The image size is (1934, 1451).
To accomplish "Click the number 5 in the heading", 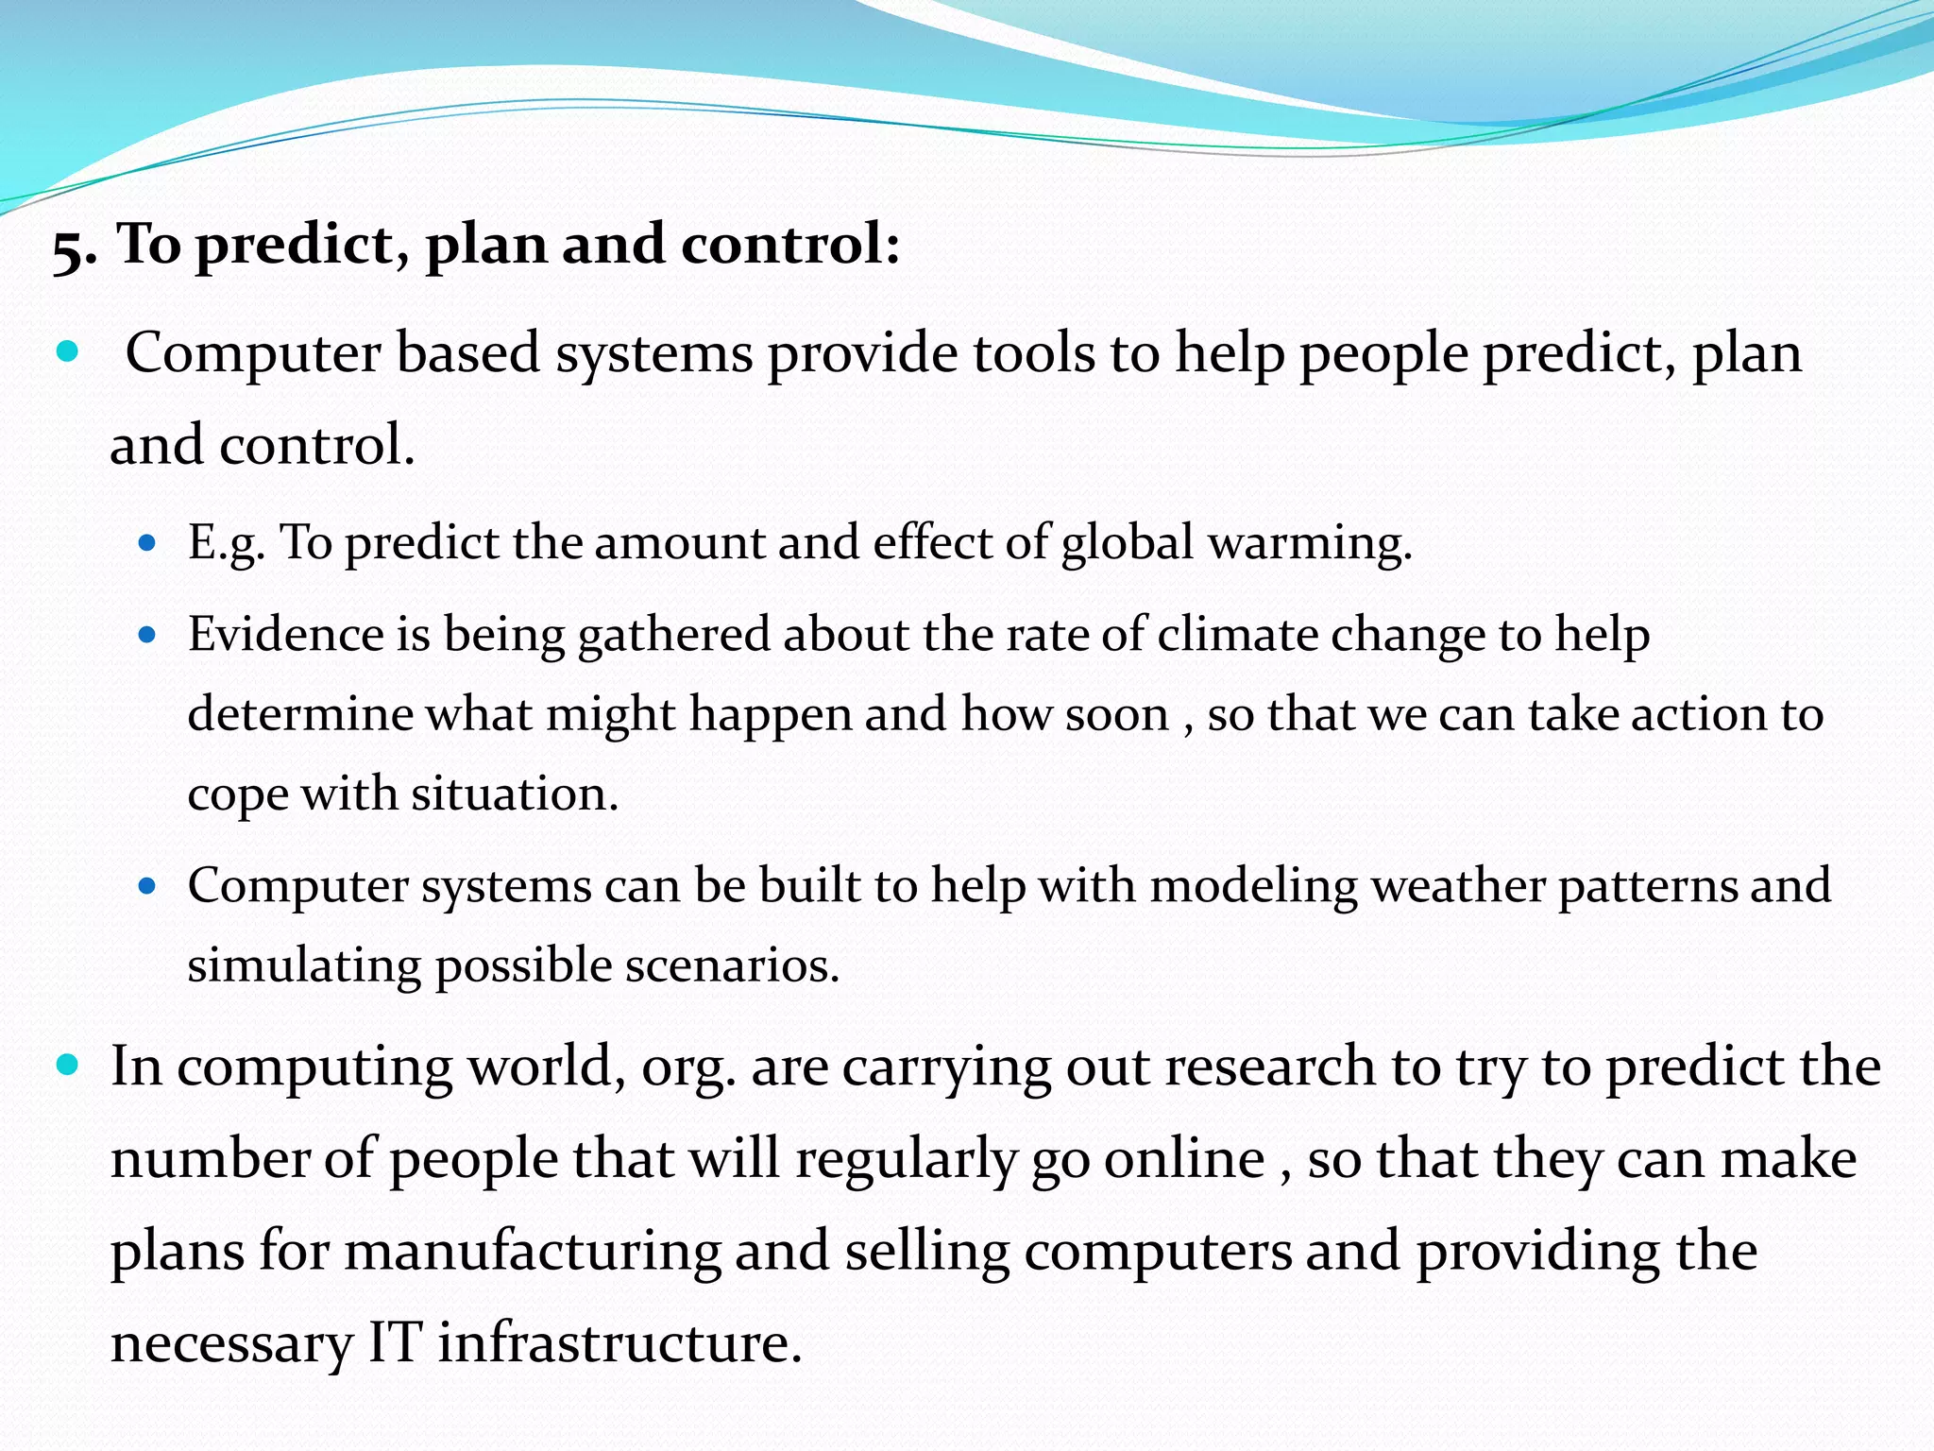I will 72,249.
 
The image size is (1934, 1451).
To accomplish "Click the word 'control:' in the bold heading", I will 790,244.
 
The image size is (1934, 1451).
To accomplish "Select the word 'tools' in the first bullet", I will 1033,353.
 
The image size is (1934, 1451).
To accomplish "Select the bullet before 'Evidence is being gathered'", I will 146,635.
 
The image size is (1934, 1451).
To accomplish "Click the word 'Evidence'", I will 285,634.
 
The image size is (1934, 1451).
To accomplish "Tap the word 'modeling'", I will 1253,887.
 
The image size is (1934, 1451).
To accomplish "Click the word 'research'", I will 1270,1067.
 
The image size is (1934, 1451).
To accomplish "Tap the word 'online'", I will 1184,1159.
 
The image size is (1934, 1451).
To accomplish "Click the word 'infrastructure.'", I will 619,1343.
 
